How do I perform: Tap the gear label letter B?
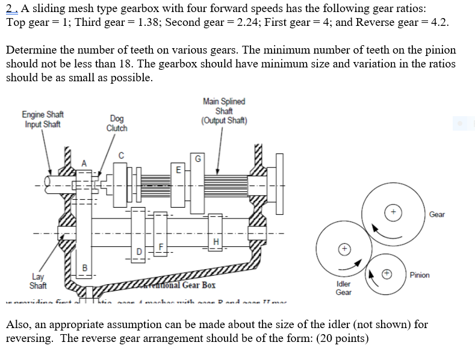[x=84, y=267]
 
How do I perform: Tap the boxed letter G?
[x=197, y=159]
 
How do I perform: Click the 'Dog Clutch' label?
[x=116, y=123]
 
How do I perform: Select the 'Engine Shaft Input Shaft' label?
[x=43, y=119]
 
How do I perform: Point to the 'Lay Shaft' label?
[x=39, y=281]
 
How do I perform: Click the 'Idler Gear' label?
[x=343, y=287]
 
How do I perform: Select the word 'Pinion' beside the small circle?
[x=420, y=275]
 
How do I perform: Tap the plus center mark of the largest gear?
[x=394, y=212]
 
